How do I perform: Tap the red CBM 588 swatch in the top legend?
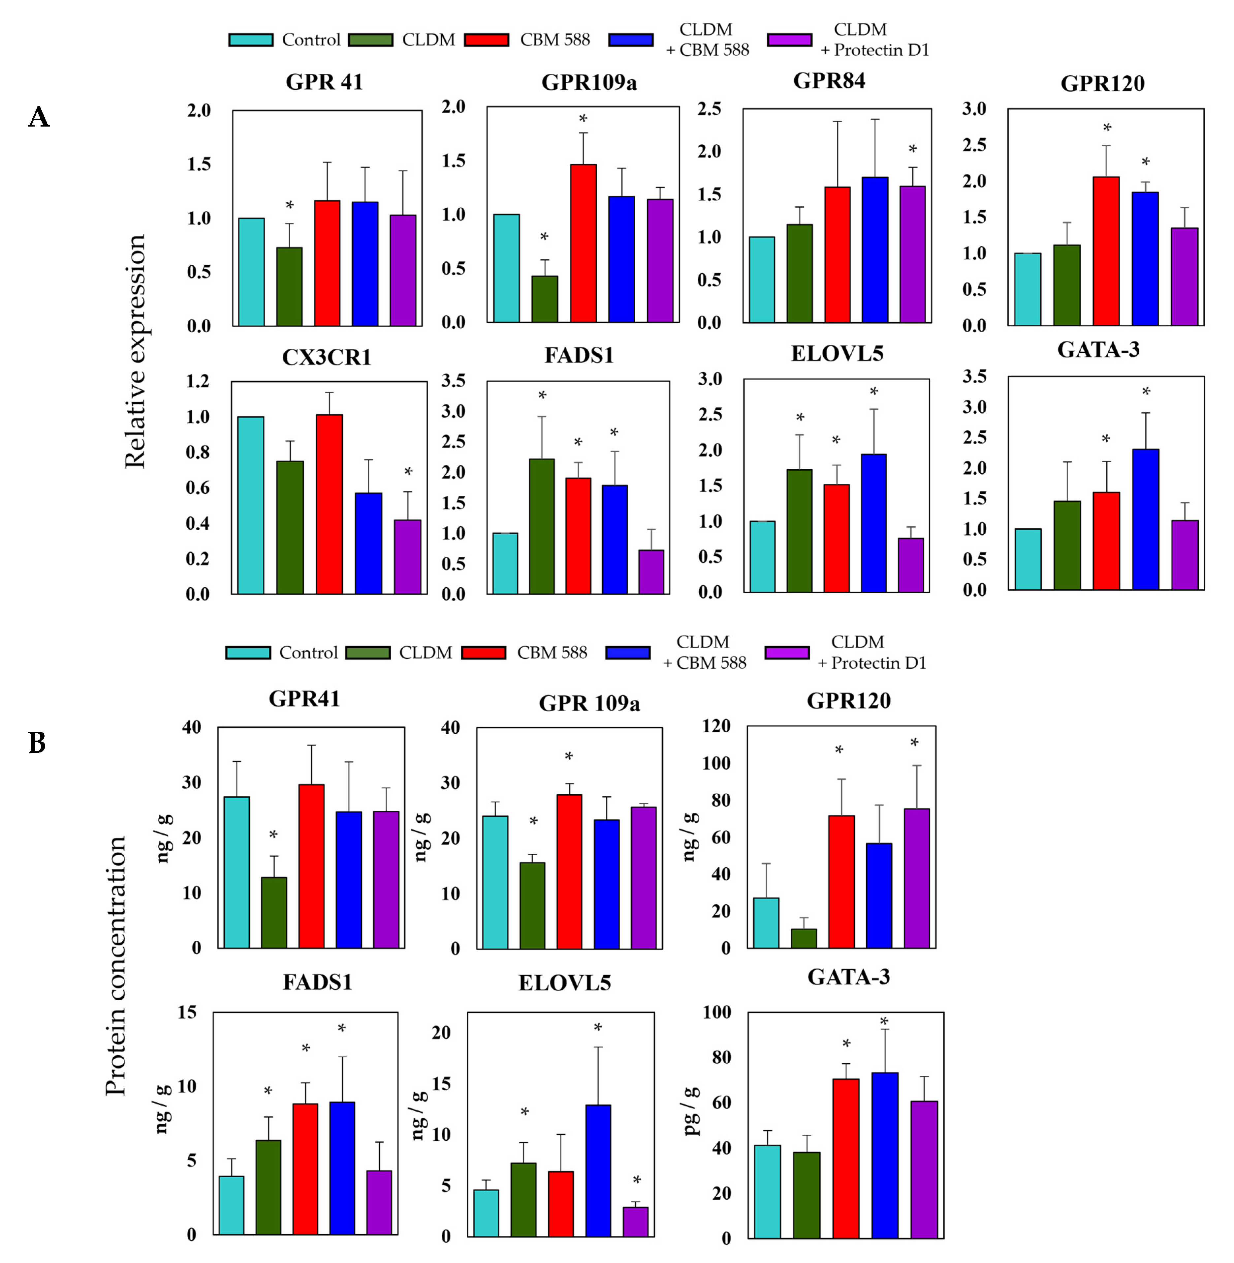coord(486,40)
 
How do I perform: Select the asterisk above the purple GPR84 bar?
coord(912,150)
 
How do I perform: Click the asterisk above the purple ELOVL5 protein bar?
coord(636,1180)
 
